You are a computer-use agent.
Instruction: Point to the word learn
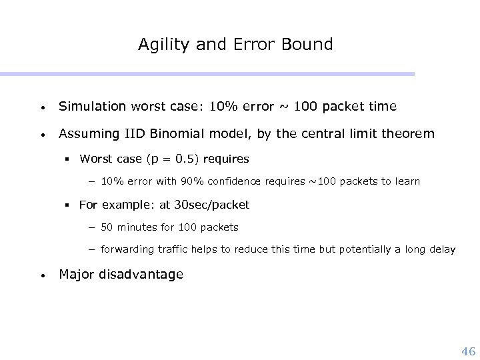[x=406, y=181]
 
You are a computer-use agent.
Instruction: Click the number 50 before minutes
[x=107, y=227]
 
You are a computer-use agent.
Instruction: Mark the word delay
[x=441, y=250]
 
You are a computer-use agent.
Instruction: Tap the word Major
[x=77, y=274]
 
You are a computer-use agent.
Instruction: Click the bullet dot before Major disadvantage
[x=42, y=275]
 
